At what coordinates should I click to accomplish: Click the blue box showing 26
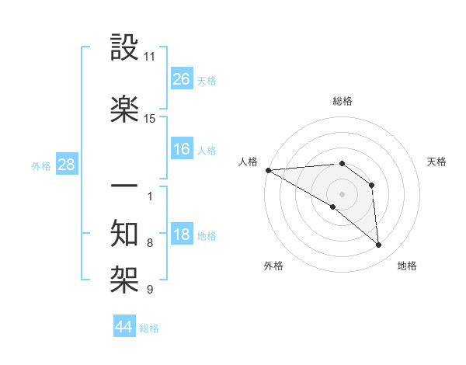click(x=182, y=78)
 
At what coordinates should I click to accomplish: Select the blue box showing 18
click(x=182, y=235)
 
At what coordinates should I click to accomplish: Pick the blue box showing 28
click(x=66, y=164)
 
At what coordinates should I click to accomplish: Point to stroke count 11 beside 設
click(x=150, y=57)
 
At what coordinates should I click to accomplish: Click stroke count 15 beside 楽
click(x=150, y=119)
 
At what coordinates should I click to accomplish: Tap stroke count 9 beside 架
click(x=150, y=290)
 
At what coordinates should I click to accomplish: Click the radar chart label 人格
click(x=249, y=162)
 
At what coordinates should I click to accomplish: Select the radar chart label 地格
click(x=407, y=266)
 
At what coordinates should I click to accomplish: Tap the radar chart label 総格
click(x=342, y=101)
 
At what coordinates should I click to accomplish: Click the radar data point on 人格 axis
click(x=268, y=170)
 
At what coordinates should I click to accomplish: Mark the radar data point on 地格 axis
click(x=379, y=245)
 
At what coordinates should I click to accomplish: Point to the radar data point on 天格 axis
click(x=372, y=185)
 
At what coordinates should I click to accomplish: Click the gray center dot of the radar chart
click(x=342, y=193)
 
